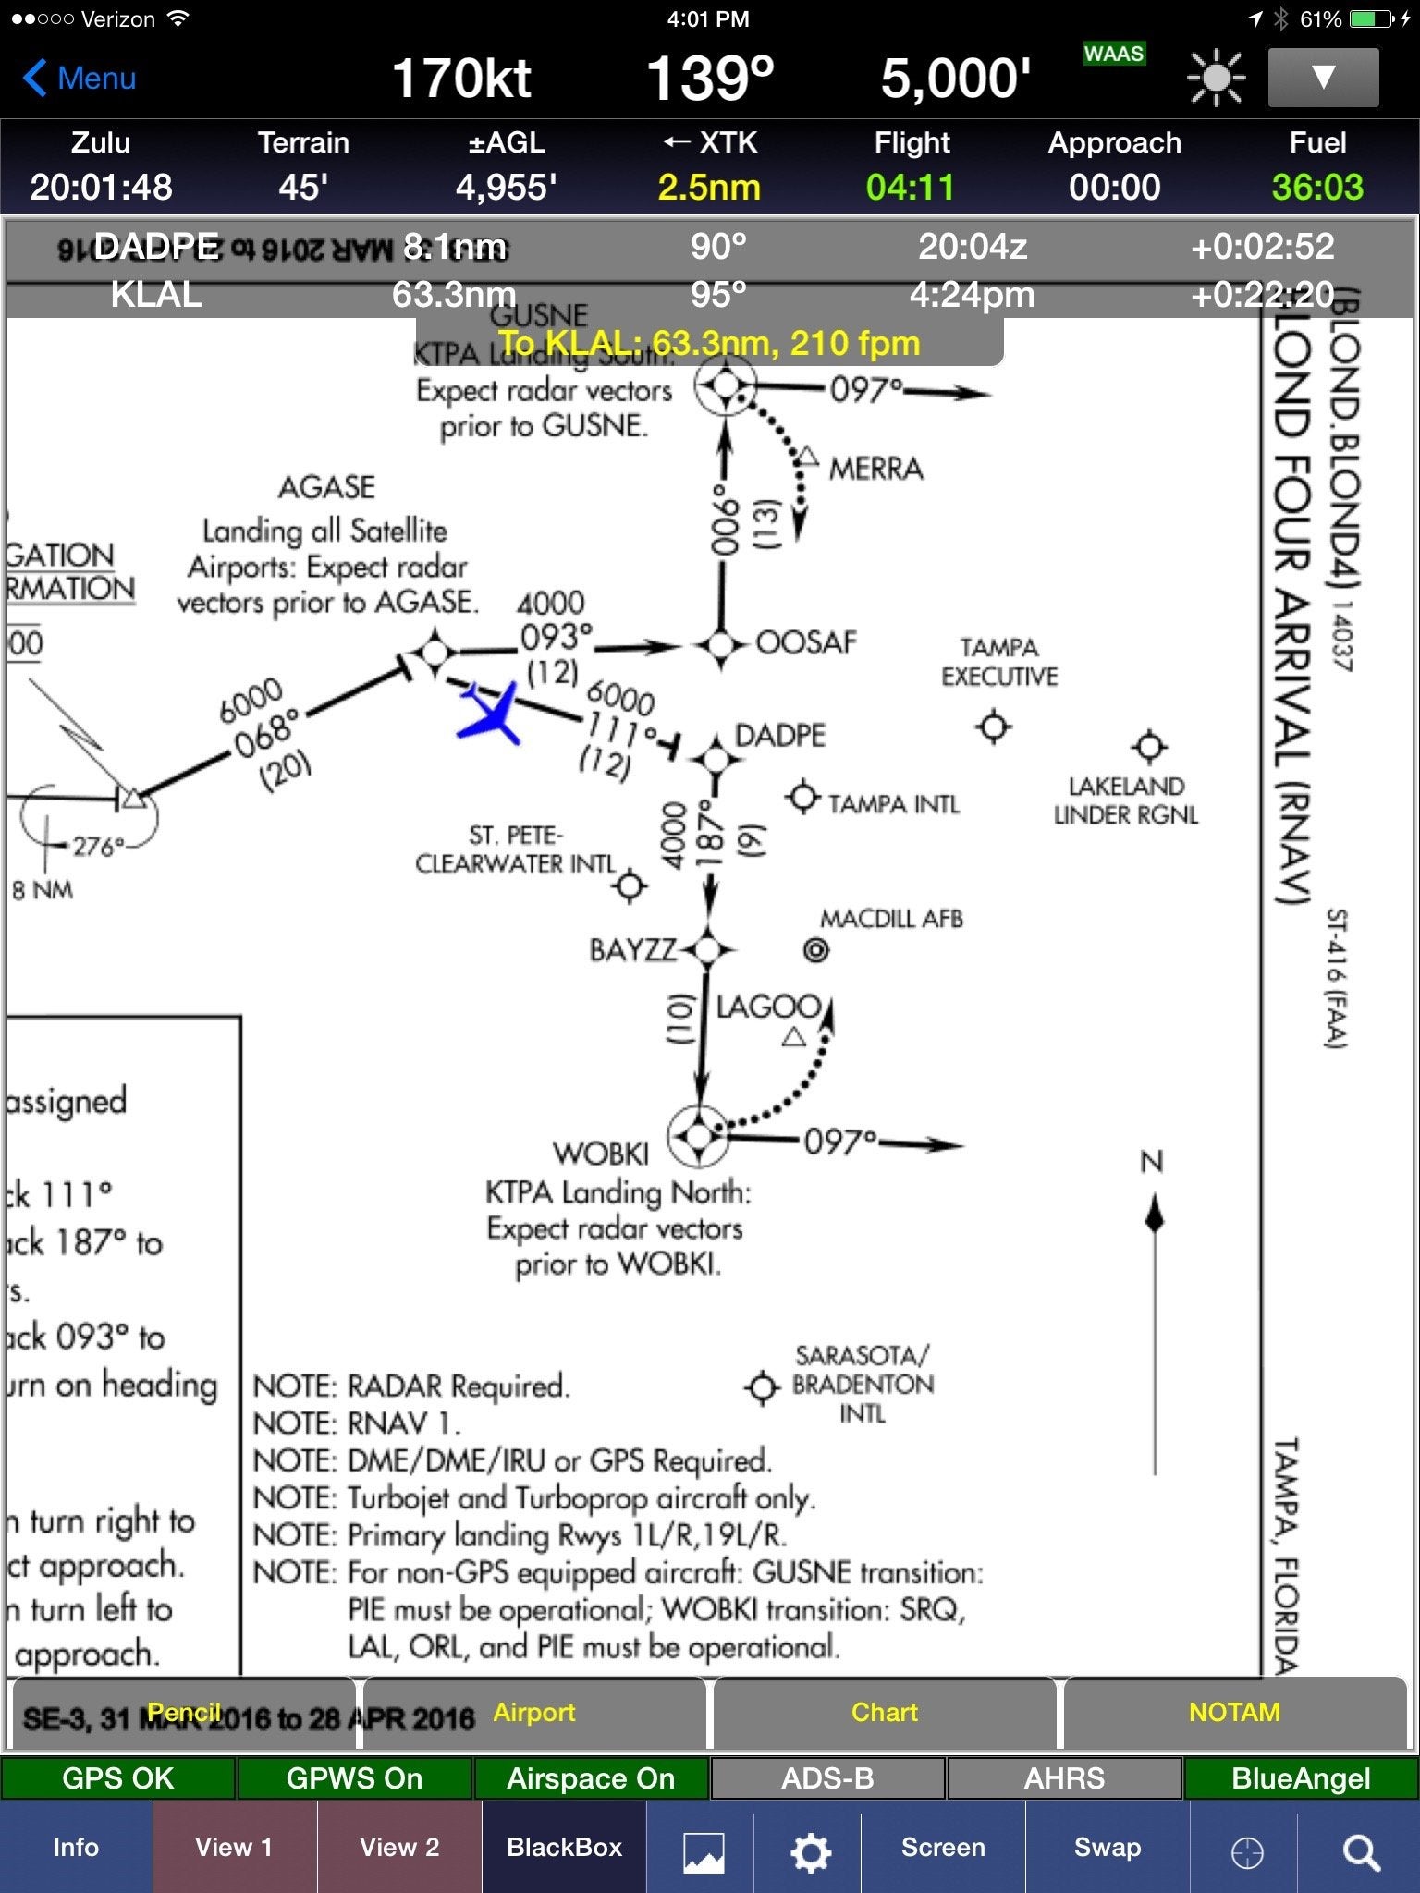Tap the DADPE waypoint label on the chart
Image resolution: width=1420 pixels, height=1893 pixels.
click(779, 736)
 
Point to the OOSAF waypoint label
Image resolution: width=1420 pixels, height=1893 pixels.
click(806, 642)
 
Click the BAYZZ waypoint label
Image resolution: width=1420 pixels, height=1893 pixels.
click(632, 950)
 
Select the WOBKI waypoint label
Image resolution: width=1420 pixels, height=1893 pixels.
click(601, 1154)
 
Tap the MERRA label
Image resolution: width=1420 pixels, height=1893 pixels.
click(875, 469)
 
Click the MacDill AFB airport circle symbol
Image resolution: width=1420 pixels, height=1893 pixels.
click(815, 949)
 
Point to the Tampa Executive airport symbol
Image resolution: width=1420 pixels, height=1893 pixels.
click(994, 727)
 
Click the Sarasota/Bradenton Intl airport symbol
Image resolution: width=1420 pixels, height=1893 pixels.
click(762, 1386)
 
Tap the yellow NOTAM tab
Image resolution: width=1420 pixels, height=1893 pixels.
click(1234, 1713)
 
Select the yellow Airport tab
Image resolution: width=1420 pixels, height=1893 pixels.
click(534, 1713)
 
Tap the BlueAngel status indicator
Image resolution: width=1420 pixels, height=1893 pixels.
click(1301, 1778)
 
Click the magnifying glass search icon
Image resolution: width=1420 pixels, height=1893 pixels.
click(1361, 1852)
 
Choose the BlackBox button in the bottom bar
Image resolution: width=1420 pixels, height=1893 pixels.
click(564, 1848)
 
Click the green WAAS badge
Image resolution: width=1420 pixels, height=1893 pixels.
click(1114, 54)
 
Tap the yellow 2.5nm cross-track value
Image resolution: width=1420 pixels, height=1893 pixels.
click(709, 188)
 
